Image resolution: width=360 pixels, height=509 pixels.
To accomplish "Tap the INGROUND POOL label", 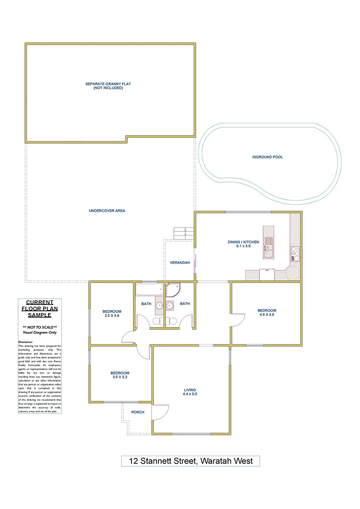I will pyautogui.click(x=267, y=157).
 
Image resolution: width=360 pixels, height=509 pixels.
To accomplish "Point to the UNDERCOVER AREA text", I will pyautogui.click(x=107, y=211).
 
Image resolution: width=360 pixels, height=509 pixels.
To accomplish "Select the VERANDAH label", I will pyautogui.click(x=180, y=263).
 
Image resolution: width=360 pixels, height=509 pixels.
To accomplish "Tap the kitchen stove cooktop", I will pyautogui.click(x=295, y=254).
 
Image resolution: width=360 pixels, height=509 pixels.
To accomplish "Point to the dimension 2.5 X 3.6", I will pyautogui.click(x=112, y=316).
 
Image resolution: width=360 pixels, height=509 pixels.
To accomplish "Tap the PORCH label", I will pyautogui.click(x=138, y=412).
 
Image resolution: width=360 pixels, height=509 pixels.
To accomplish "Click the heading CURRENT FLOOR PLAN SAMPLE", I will pyautogui.click(x=40, y=308).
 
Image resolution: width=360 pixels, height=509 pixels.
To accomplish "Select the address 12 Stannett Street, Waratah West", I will pyautogui.click(x=190, y=461).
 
